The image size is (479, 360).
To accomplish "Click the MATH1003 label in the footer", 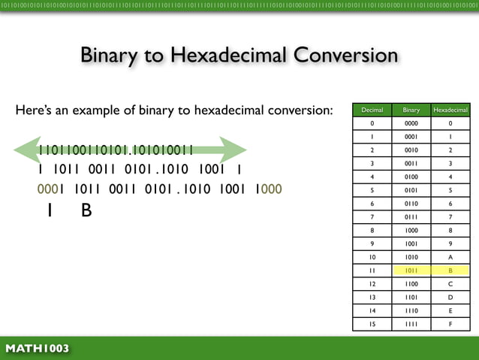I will click(x=38, y=349).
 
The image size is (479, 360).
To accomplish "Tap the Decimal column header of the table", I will click(x=372, y=110).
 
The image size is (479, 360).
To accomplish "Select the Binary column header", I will click(x=411, y=110).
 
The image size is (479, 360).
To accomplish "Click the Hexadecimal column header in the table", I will click(x=450, y=110).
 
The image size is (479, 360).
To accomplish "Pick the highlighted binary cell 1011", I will click(x=411, y=271).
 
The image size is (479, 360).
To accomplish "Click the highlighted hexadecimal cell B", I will click(x=450, y=271).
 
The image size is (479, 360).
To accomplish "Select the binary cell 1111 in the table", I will click(x=411, y=324).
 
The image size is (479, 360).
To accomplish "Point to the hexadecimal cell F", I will click(x=450, y=324).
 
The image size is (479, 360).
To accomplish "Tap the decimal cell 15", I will click(x=372, y=324).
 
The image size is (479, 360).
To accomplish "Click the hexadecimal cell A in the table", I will click(x=450, y=257).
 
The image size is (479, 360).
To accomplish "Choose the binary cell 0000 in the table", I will click(x=411, y=123).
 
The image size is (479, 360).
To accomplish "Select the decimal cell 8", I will click(x=372, y=230).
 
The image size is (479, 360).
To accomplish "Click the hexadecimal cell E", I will click(x=450, y=310).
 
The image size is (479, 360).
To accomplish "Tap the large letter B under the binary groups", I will click(x=86, y=211).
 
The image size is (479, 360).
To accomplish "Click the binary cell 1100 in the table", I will click(x=411, y=284).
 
